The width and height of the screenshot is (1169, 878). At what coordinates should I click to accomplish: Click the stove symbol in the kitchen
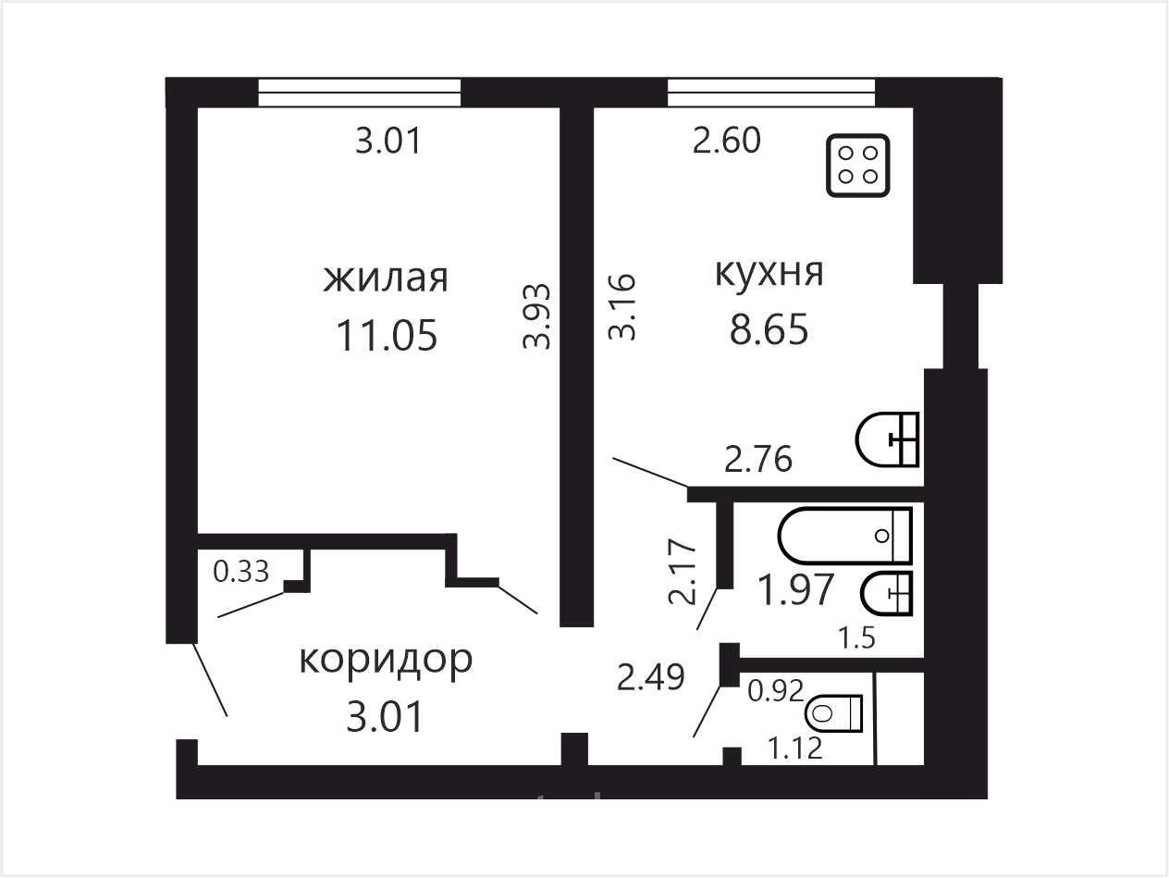click(x=858, y=166)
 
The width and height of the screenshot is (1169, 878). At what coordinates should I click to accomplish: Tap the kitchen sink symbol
click(x=887, y=440)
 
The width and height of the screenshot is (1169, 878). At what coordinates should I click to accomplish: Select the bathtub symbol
click(x=845, y=536)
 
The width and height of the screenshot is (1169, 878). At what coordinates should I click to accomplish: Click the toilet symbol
click(x=833, y=712)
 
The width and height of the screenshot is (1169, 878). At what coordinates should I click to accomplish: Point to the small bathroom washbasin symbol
click(x=887, y=593)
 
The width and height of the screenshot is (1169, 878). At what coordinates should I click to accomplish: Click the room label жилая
click(x=386, y=278)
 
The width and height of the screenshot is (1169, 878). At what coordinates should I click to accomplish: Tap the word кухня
click(x=769, y=272)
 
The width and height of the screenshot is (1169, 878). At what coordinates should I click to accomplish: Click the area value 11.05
click(x=388, y=336)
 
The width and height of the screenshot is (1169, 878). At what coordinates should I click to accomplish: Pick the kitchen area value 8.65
click(x=769, y=329)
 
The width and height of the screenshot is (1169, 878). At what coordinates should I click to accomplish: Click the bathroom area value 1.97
click(x=795, y=590)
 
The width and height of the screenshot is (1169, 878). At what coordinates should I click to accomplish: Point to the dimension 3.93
click(x=536, y=315)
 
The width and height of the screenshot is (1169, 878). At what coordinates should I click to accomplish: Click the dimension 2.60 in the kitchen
click(x=726, y=141)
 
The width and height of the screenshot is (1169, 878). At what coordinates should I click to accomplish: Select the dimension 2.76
click(x=758, y=460)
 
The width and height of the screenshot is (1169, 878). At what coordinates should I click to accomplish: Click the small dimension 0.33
click(x=240, y=572)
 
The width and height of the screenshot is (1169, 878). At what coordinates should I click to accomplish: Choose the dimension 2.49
click(x=650, y=678)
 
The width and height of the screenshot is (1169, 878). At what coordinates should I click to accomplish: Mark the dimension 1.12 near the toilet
click(x=794, y=748)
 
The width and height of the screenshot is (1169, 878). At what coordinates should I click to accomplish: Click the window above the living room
click(x=360, y=93)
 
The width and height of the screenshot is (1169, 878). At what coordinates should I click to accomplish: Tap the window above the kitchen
click(x=771, y=93)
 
